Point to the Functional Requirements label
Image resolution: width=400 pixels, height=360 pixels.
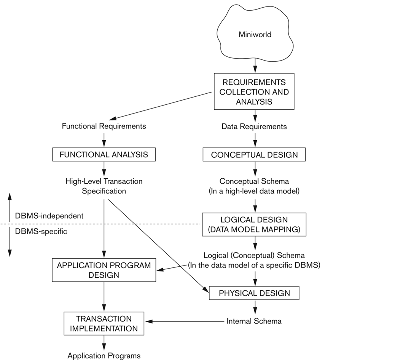coord(104,126)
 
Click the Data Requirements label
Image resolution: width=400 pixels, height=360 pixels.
coord(254,126)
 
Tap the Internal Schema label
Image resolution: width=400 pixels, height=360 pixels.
coord(254,321)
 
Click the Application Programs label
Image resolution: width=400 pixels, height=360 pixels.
coord(104,356)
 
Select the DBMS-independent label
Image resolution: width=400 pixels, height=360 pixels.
coord(49,216)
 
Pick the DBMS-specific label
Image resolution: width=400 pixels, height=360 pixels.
coord(41,231)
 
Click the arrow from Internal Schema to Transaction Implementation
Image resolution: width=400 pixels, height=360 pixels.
coord(185,322)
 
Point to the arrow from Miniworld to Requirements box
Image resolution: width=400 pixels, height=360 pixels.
coord(255,66)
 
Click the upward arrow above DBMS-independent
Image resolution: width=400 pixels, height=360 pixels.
coord(10,207)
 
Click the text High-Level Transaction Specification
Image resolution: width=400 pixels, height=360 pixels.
coord(104,186)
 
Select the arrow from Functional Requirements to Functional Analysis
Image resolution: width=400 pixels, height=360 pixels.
coord(104,140)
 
